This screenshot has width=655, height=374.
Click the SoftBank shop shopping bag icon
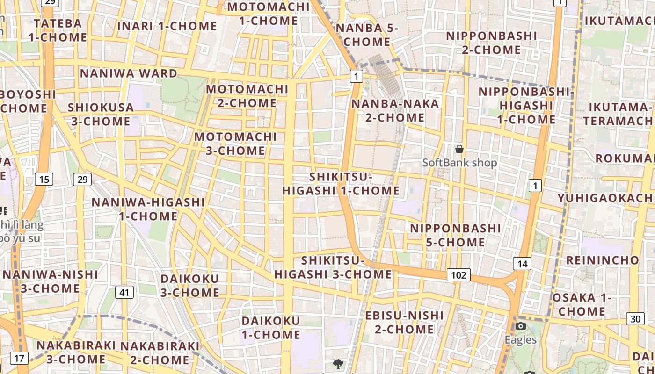(459, 149)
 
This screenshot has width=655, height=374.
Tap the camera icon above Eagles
(521, 326)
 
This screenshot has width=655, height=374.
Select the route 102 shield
(458, 275)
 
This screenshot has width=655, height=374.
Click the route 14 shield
(522, 264)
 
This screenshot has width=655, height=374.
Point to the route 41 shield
(124, 293)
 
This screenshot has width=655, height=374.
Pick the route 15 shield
(44, 179)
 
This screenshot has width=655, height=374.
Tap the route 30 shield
(635, 319)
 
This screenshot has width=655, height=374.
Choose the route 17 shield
(19, 359)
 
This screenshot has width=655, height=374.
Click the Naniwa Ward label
(129, 73)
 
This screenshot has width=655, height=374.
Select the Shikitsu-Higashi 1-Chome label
(341, 184)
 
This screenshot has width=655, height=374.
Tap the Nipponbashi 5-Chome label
(455, 235)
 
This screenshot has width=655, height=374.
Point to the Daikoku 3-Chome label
(190, 286)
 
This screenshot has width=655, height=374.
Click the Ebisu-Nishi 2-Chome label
(404, 322)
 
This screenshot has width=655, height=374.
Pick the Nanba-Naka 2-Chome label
(395, 110)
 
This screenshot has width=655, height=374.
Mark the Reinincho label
(603, 260)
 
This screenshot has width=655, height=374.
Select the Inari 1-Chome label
(167, 26)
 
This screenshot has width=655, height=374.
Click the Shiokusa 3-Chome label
(101, 114)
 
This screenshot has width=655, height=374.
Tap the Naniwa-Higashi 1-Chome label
(148, 209)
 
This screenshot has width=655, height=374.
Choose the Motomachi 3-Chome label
(236, 144)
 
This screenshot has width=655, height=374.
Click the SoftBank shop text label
(459, 163)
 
